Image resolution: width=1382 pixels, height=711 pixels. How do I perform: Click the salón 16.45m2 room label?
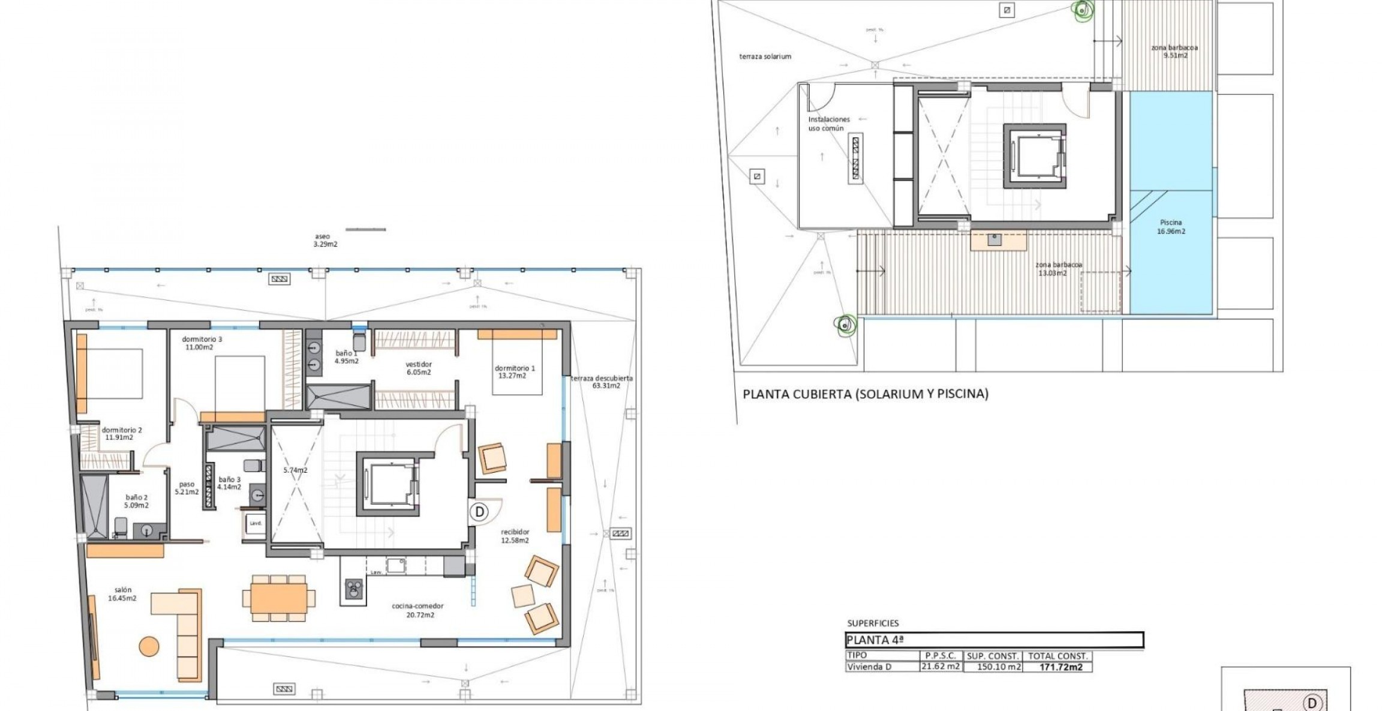pyautogui.click(x=122, y=594)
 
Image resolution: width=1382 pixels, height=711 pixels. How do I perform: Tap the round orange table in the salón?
pyautogui.click(x=149, y=646)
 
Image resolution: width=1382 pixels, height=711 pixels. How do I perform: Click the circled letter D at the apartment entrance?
pyautogui.click(x=479, y=512)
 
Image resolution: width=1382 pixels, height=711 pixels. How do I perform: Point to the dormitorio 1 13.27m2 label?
pyautogui.click(x=515, y=372)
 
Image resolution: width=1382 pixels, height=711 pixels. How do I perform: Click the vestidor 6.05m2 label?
pyautogui.click(x=419, y=368)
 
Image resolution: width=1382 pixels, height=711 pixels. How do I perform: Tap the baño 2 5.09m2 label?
pyautogui.click(x=136, y=501)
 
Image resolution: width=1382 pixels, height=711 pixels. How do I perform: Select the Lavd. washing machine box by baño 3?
pyautogui.click(x=256, y=523)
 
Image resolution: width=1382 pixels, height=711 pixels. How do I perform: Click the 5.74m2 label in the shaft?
pyautogui.click(x=295, y=470)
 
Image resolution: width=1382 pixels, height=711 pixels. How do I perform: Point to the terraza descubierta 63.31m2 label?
pyautogui.click(x=602, y=382)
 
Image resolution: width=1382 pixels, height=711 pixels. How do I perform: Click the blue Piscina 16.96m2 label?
pyautogui.click(x=1171, y=227)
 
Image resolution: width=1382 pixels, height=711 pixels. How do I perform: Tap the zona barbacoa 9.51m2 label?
pyautogui.click(x=1174, y=51)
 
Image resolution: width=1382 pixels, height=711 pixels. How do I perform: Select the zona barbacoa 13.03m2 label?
pyautogui.click(x=1058, y=269)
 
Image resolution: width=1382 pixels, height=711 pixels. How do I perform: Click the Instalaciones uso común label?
pyautogui.click(x=828, y=124)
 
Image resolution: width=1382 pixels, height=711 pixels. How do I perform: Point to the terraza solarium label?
pyautogui.click(x=765, y=56)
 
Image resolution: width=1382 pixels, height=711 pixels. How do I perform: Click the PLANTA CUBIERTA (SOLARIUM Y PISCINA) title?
pyautogui.click(x=866, y=394)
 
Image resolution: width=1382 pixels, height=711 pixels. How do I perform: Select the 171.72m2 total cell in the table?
pyautogui.click(x=1060, y=667)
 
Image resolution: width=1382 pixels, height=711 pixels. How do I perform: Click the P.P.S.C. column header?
pyautogui.click(x=941, y=656)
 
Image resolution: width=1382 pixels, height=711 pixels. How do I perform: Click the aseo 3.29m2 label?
pyautogui.click(x=325, y=240)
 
